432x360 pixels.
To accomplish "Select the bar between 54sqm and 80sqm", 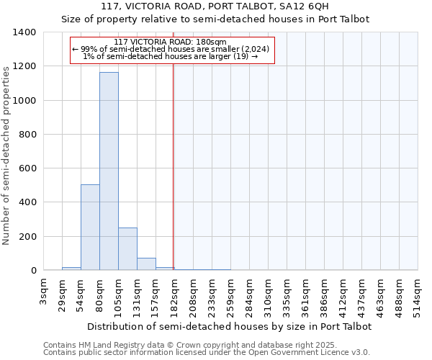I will (x=90, y=228).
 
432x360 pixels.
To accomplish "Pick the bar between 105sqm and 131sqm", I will (x=127, y=249).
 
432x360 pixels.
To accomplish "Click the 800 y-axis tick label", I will (x=27, y=135).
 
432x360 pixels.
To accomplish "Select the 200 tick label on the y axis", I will (x=27, y=237).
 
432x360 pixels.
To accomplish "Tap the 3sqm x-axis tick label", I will (x=43, y=294).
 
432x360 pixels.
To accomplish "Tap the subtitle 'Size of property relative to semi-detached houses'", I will (x=215, y=19).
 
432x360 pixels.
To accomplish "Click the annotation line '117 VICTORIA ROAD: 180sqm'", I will (x=171, y=42).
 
